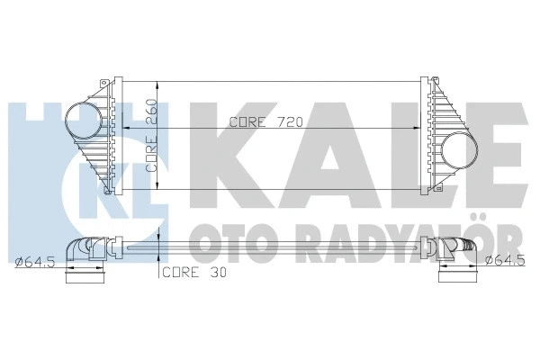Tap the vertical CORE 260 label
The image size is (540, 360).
(153, 135)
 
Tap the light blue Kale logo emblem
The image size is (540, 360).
(45, 153)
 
